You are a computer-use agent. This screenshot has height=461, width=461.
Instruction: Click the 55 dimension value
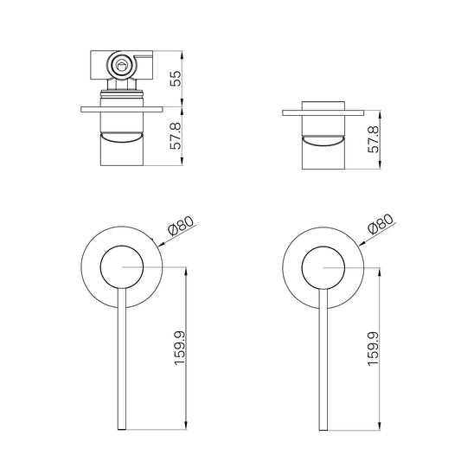tap(176, 79)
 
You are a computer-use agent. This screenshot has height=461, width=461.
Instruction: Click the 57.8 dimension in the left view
tap(176, 136)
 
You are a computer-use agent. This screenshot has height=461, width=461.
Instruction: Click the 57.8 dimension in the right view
tap(374, 139)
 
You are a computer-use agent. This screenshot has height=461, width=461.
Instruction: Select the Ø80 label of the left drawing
tap(182, 226)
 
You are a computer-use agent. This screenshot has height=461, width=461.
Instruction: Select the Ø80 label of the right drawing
tap(381, 223)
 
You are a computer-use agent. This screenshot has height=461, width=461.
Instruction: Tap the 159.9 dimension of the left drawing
tap(180, 348)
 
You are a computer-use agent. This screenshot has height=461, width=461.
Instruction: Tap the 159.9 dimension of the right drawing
tap(374, 349)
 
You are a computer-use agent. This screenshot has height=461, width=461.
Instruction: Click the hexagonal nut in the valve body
tap(121, 66)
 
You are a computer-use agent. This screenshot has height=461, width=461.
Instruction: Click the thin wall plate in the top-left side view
tap(122, 109)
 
